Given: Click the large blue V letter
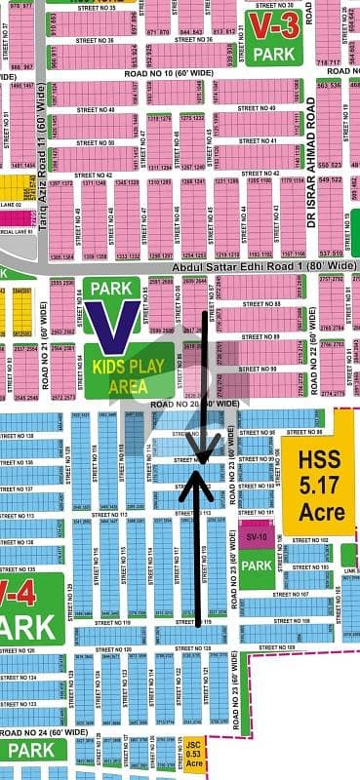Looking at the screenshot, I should point(109,323).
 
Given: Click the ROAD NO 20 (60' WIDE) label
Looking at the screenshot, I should point(195,403).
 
